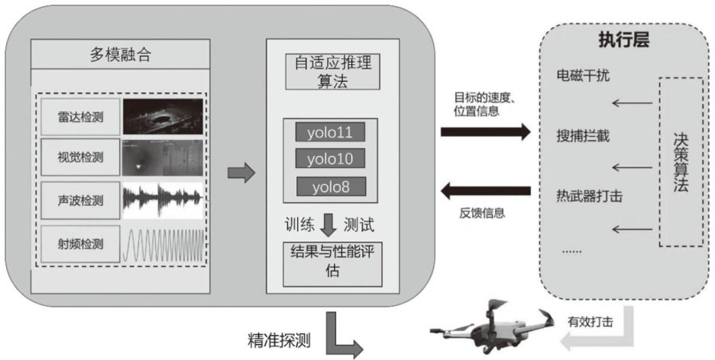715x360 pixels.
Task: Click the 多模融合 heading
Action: coord(121,55)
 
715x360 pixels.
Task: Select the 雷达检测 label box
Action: coord(80,118)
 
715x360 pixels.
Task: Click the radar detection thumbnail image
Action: coord(164,118)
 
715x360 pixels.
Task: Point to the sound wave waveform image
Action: coord(164,200)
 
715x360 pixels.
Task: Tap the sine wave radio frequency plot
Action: coord(164,245)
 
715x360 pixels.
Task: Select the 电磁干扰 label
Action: coord(584,76)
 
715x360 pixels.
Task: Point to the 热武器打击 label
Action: coord(589,196)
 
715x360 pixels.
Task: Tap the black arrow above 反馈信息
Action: coord(486,189)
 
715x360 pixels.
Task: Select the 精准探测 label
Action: coord(279,341)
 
